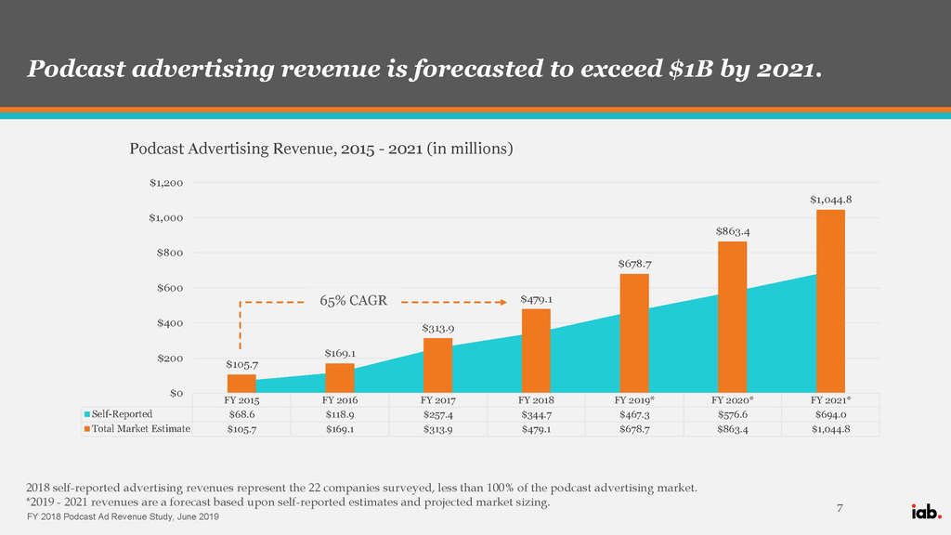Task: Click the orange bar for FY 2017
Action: coord(437,365)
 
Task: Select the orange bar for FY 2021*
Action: coord(830,301)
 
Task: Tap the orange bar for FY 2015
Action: coord(241,384)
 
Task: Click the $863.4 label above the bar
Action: coord(732,230)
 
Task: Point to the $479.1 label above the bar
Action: coord(536,299)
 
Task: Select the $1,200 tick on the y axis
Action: coord(166,183)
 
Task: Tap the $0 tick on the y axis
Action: coord(175,393)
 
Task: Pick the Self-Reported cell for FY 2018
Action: coord(536,413)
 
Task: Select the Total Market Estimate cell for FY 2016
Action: coord(339,428)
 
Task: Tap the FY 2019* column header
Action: coord(634,399)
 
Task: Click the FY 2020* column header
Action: coord(732,399)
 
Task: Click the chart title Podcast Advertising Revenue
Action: coord(320,148)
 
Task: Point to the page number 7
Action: coord(840,507)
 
